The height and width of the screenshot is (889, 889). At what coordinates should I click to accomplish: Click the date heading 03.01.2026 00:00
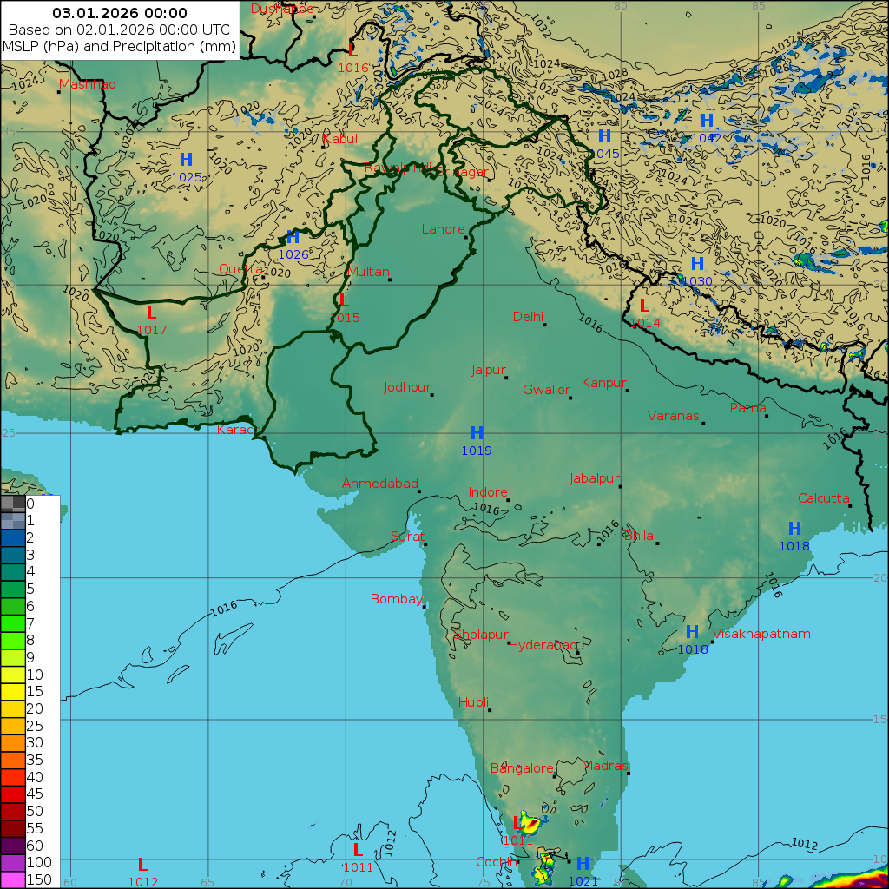(x=120, y=13)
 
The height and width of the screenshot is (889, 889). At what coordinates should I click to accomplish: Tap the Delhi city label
(x=528, y=317)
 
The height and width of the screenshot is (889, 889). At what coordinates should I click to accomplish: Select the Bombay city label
(x=396, y=599)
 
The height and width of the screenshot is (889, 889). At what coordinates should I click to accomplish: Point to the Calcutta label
(x=824, y=498)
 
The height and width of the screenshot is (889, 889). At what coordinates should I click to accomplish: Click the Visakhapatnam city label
(x=761, y=634)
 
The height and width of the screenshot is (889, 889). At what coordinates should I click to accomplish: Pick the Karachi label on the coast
(x=240, y=430)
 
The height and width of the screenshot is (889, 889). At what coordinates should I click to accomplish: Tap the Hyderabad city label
(x=543, y=645)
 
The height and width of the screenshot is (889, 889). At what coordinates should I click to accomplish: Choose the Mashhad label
(x=88, y=84)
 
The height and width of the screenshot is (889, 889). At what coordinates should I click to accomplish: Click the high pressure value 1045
(x=604, y=154)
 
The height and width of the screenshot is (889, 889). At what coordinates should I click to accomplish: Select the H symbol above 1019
(x=477, y=433)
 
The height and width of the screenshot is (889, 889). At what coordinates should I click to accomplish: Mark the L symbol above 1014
(x=643, y=306)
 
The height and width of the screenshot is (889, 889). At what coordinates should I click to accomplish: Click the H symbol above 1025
(x=186, y=160)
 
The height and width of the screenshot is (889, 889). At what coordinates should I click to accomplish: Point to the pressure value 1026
(x=293, y=254)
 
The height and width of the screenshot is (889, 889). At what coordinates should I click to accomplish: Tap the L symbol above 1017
(x=151, y=313)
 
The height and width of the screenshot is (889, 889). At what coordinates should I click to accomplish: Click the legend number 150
(x=39, y=879)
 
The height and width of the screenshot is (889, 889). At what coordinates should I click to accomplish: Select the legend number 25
(x=35, y=725)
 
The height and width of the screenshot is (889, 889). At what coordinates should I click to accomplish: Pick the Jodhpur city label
(x=408, y=387)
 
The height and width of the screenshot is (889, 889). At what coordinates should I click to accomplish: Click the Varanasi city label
(x=675, y=416)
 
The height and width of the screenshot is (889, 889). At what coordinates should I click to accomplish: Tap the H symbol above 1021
(x=583, y=864)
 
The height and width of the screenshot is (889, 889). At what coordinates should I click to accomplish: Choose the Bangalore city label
(x=522, y=768)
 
